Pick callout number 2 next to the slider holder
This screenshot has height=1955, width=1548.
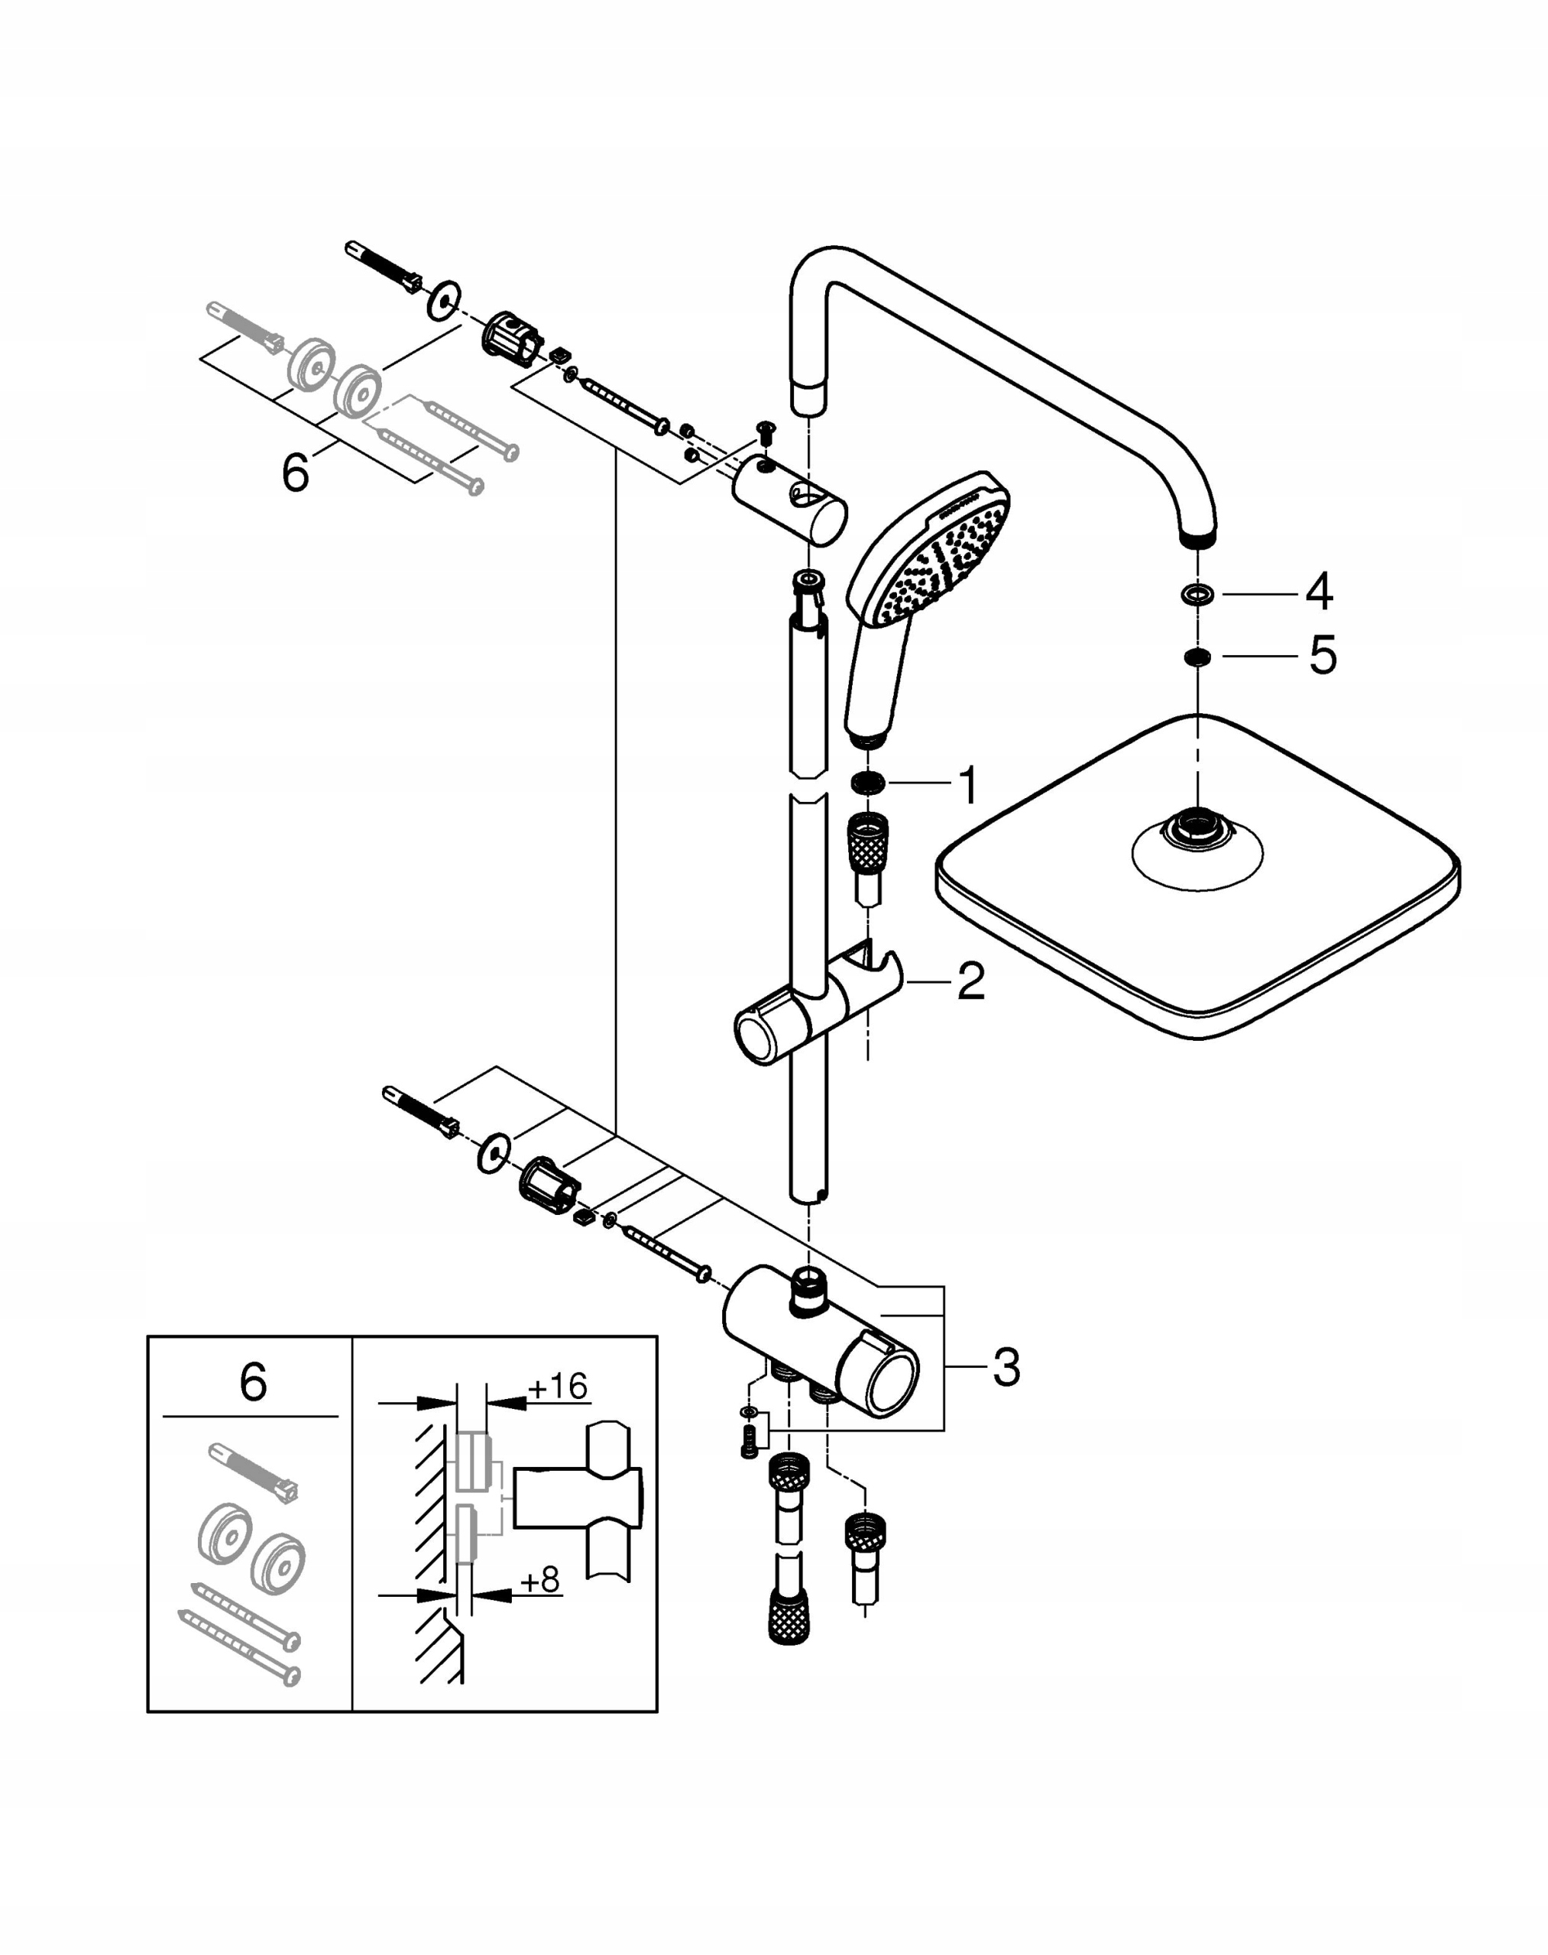(970, 981)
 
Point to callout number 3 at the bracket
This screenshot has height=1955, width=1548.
(1006, 1367)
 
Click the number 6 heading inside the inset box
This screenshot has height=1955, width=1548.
(253, 1383)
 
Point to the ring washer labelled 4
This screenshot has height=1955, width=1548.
(1197, 594)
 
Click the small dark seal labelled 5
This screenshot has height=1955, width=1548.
(1197, 657)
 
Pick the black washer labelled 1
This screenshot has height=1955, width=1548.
(868, 783)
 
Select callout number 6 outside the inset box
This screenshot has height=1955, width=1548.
(296, 473)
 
